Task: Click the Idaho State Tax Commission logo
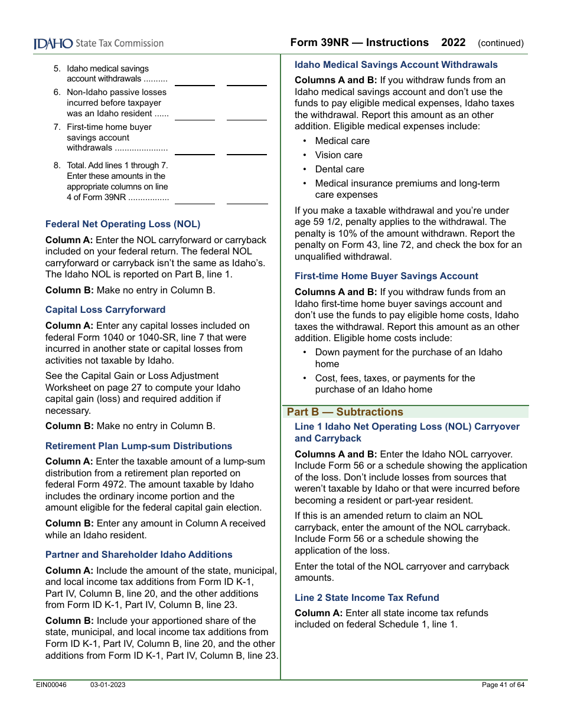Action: pos(98,44)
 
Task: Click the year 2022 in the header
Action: pos(453,42)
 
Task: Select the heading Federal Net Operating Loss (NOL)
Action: pos(123,224)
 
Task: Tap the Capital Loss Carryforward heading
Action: pos(105,310)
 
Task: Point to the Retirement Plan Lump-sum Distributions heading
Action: pos(139,446)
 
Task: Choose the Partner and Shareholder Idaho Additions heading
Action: pos(139,555)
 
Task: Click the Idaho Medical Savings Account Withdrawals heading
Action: pos(396,65)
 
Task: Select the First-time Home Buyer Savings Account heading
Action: pos(386,276)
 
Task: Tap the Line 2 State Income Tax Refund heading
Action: pos(367,598)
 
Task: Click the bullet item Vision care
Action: pos(338,155)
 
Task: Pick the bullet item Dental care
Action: pos(340,169)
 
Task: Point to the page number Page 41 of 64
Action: pos(503,685)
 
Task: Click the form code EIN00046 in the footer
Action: pos(51,685)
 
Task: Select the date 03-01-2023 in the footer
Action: pos(107,685)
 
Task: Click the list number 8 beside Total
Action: pos(57,166)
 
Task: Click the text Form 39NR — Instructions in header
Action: pos(359,42)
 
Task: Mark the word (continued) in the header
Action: pos(500,43)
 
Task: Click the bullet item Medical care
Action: pos(342,141)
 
